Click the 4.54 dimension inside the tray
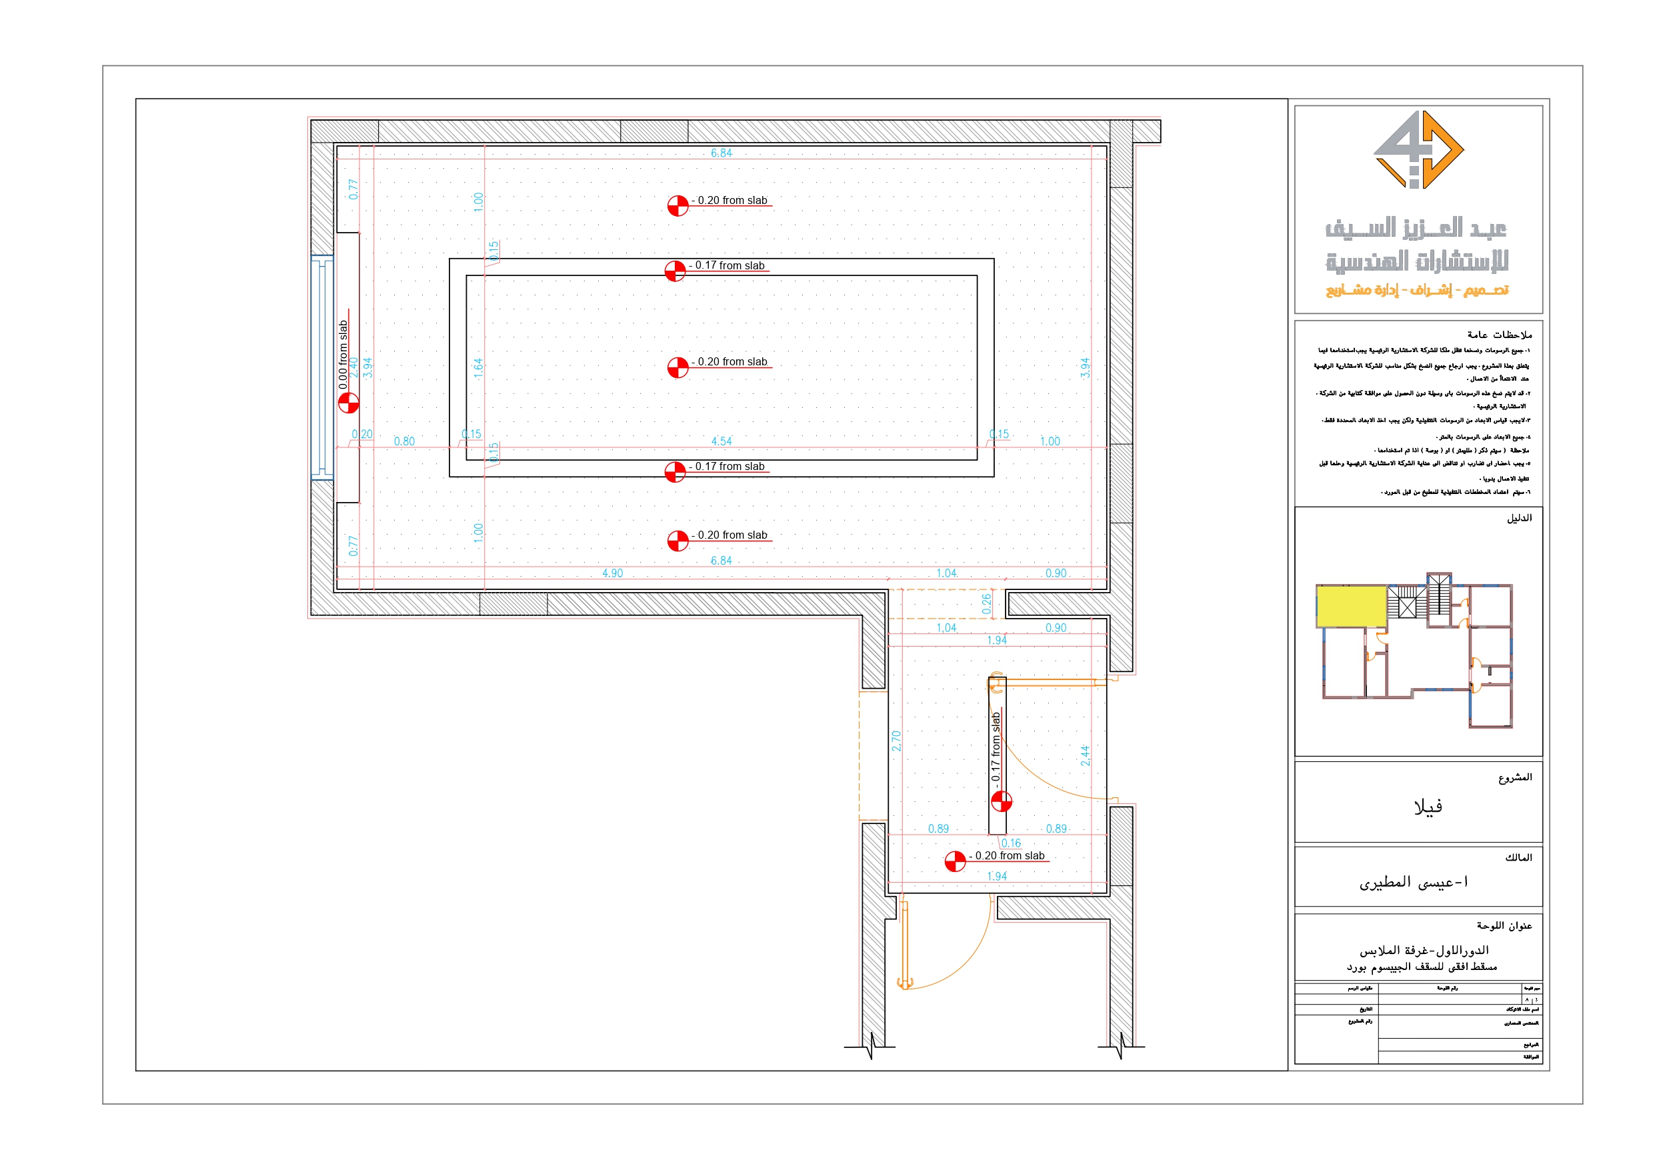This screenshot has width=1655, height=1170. tap(721, 441)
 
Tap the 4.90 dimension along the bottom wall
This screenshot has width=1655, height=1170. tap(612, 573)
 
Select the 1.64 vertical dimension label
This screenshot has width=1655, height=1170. tap(478, 369)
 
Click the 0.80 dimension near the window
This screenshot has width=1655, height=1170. tap(404, 441)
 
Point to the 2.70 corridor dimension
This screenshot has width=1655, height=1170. tap(896, 741)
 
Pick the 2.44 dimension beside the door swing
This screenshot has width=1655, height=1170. tap(1085, 755)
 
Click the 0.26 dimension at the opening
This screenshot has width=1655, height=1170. tap(986, 603)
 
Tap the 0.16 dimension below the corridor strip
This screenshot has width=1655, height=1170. tap(1011, 843)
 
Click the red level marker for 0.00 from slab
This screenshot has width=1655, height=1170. tap(349, 402)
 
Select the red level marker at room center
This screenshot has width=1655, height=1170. tap(677, 367)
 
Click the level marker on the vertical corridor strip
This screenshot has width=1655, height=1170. tap(1002, 801)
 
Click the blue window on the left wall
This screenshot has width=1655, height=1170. tap(321, 367)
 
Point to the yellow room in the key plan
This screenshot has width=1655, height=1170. tap(1351, 605)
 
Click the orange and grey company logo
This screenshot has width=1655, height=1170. tap(1417, 149)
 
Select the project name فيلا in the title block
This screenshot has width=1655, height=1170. tap(1427, 807)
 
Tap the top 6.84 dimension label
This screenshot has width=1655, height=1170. tap(721, 153)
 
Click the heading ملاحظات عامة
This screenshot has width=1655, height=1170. tap(1500, 335)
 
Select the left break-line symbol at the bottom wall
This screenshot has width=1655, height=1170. tap(871, 1046)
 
